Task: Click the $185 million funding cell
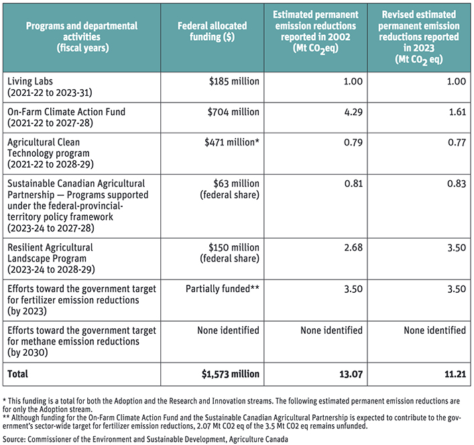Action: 234,81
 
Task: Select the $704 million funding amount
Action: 233,112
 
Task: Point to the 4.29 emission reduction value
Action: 353,112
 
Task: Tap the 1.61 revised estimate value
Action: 457,112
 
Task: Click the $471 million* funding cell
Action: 232,142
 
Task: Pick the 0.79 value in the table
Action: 353,142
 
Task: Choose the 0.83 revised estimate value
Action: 457,184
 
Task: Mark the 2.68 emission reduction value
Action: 353,247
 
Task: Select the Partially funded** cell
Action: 223,289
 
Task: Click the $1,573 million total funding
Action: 231,374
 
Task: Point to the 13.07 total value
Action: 351,375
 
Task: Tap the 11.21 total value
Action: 455,375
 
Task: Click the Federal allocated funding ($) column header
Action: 213,31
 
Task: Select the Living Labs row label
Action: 50,86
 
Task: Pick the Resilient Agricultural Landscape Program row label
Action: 51,258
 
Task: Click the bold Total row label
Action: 17,374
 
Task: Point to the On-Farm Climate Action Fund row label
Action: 66,117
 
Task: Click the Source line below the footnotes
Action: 145,439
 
